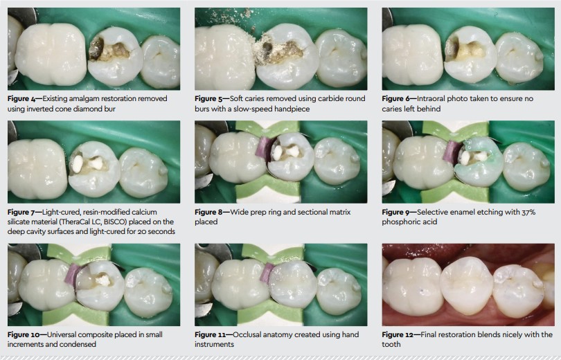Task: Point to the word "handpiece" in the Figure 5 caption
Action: click(291, 109)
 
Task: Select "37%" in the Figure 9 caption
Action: click(529, 212)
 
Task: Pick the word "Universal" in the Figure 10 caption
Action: click(61, 335)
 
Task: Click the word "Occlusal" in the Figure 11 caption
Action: click(247, 335)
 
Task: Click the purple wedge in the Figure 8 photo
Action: click(263, 147)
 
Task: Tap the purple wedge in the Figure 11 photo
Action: click(267, 273)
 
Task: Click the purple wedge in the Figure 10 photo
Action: click(73, 275)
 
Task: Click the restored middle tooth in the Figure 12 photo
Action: click(467, 285)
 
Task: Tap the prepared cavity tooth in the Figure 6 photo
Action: click(470, 53)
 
